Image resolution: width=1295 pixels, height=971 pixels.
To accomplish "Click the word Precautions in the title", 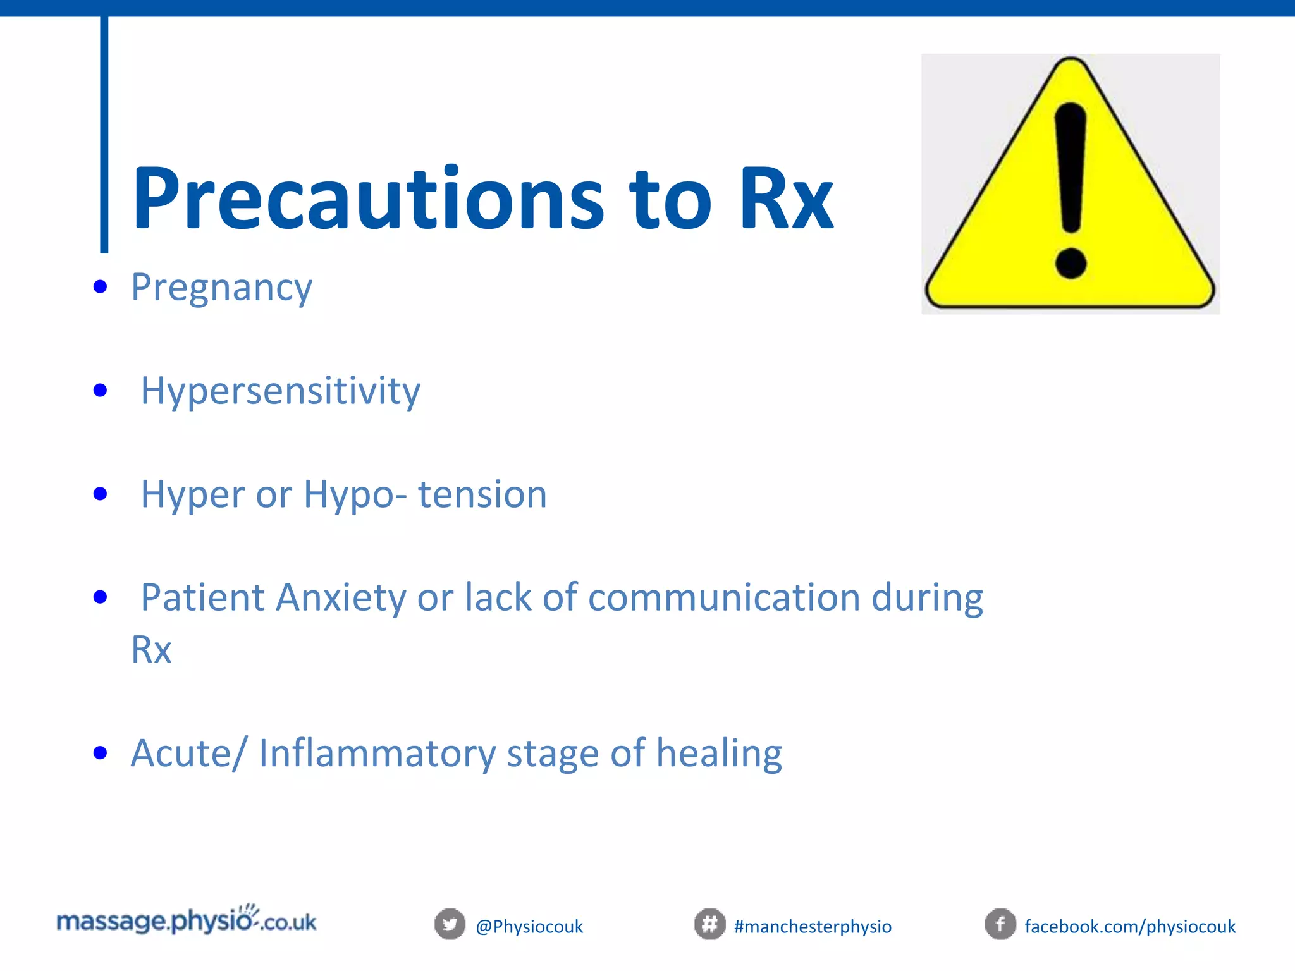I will click(x=367, y=199).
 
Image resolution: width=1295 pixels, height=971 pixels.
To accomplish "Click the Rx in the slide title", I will click(x=786, y=199).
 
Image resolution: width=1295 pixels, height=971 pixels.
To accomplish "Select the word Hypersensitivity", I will click(x=280, y=391).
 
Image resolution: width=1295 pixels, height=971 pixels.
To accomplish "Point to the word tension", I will click(x=482, y=494).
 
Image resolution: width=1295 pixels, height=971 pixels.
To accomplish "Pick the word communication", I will click(x=723, y=598).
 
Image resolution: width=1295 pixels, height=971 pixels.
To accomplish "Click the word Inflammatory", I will click(x=377, y=754).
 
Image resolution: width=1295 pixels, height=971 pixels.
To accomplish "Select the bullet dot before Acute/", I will click(x=100, y=753).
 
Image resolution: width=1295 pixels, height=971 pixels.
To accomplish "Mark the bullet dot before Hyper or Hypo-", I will click(x=100, y=494).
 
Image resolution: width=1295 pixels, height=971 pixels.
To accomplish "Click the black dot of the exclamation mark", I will click(x=1071, y=263).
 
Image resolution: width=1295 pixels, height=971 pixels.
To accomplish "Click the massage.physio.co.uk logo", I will click(x=187, y=921).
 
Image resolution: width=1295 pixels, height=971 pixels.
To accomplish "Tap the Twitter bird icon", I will click(x=450, y=925).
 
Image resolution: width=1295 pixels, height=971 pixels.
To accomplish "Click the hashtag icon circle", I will click(x=709, y=925).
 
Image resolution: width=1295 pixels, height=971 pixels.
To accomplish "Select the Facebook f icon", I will click(x=1000, y=925).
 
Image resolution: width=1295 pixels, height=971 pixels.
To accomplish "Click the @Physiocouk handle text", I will click(x=529, y=927).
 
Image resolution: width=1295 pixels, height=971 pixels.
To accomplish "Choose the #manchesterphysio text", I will click(x=813, y=927).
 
